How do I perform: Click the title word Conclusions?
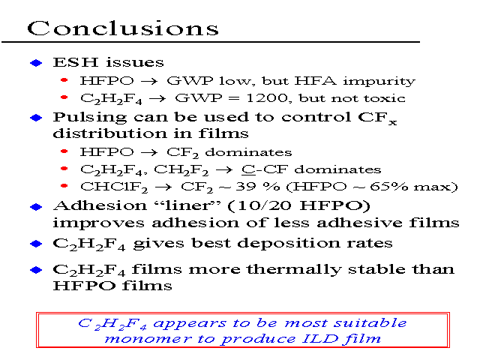pyautogui.click(x=123, y=28)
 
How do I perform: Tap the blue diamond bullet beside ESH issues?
pyautogui.click(x=36, y=63)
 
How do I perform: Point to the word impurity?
pyautogui.click(x=379, y=81)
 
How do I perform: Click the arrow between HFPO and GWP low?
pyautogui.click(x=149, y=82)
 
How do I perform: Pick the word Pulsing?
pyautogui.click(x=89, y=118)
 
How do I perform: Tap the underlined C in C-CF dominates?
pyautogui.click(x=248, y=169)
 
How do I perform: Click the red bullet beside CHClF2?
pyautogui.click(x=64, y=186)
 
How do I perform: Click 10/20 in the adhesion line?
pyautogui.click(x=264, y=205)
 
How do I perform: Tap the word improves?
pyautogui.click(x=98, y=223)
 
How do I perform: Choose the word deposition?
pyautogui.click(x=288, y=244)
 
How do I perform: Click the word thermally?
pyautogui.click(x=294, y=270)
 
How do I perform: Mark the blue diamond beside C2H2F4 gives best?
pyautogui.click(x=36, y=244)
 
